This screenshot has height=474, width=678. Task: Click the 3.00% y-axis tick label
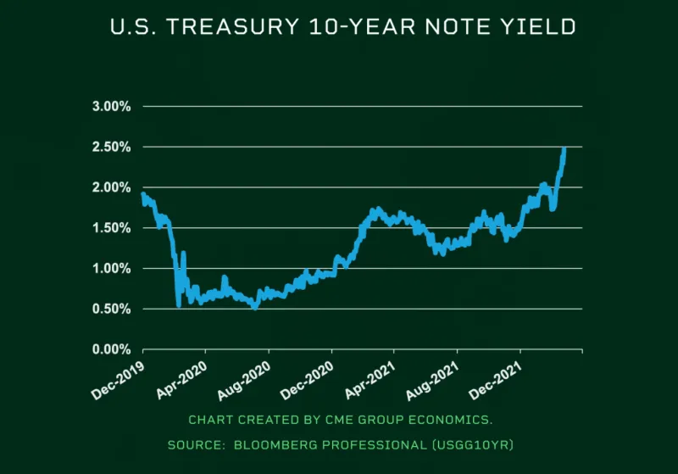(112, 107)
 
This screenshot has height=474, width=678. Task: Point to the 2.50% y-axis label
(112, 148)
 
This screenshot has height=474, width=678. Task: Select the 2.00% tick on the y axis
(112, 187)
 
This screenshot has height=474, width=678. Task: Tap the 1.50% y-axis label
(112, 228)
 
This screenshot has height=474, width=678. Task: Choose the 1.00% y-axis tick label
(112, 269)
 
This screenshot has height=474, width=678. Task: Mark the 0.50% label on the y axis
(112, 309)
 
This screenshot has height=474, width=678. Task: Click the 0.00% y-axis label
(112, 349)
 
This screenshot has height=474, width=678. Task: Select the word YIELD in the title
(542, 27)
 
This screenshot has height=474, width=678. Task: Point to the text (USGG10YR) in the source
(471, 444)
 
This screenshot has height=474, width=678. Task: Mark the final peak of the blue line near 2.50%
(564, 149)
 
